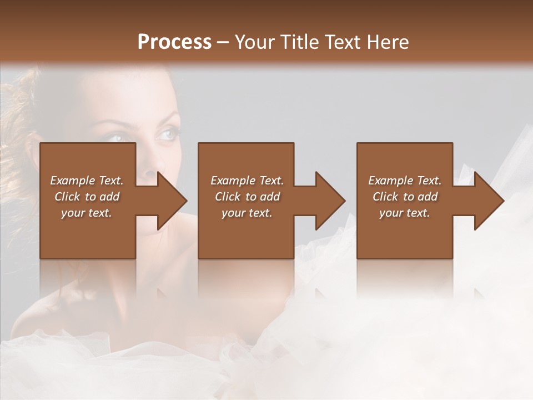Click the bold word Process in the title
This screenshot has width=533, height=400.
(x=174, y=42)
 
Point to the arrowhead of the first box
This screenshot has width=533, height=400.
(x=172, y=201)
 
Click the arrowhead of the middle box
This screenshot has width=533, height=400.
(x=330, y=201)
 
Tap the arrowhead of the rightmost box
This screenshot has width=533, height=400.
(x=489, y=201)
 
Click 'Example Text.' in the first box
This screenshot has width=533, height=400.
(x=87, y=181)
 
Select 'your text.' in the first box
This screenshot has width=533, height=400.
(x=87, y=213)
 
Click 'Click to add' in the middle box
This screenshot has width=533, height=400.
(x=247, y=197)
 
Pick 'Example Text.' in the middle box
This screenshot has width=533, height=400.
(x=247, y=181)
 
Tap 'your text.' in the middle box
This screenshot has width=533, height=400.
(x=247, y=213)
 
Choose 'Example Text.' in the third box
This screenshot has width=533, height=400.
(x=405, y=181)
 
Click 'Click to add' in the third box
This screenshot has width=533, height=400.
(x=405, y=197)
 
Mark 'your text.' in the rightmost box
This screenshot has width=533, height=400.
(x=405, y=213)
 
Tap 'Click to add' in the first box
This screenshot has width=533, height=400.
(x=87, y=197)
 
